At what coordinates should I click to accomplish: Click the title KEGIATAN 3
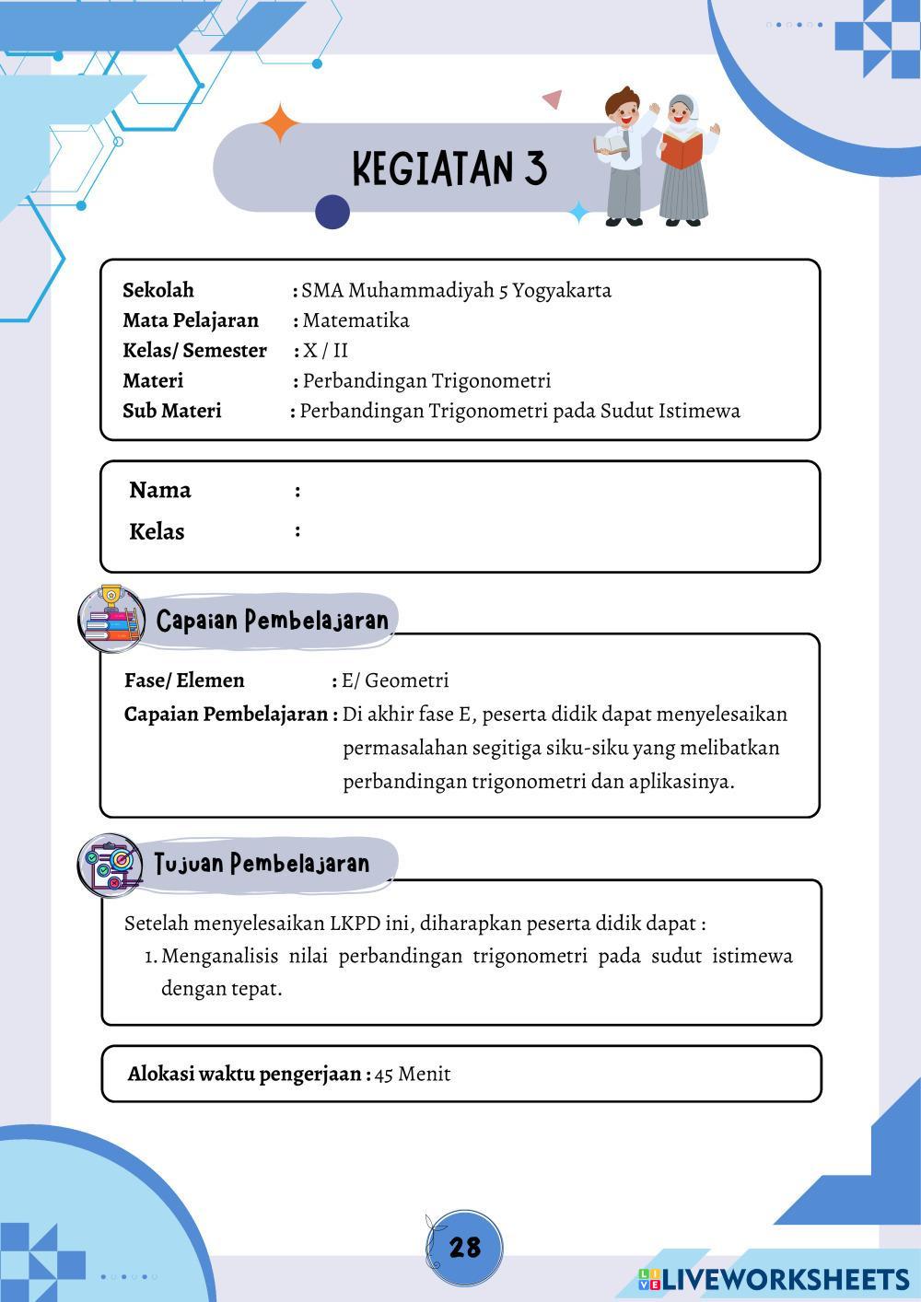[449, 169]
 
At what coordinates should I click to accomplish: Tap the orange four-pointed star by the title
[280, 123]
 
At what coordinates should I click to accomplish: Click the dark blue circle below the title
[332, 212]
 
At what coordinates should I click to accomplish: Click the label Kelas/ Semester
[194, 351]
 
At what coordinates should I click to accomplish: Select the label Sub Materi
[172, 411]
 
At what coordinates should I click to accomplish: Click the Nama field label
[160, 490]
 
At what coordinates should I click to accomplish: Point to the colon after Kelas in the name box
[297, 530]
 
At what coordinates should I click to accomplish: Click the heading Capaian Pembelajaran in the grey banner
[273, 621]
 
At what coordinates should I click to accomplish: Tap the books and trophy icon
[111, 617]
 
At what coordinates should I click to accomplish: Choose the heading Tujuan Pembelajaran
[262, 864]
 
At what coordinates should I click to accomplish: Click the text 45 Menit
[413, 1074]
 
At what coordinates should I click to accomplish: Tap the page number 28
[465, 1247]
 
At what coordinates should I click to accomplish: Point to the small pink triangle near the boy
[553, 99]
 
